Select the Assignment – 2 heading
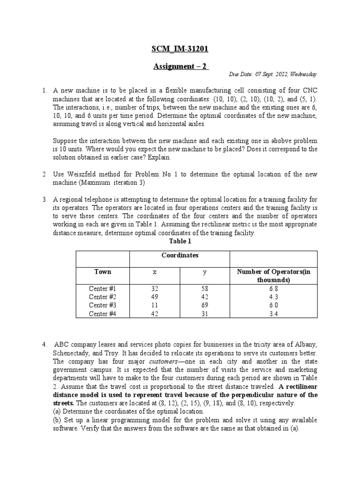pos(180,66)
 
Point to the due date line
pos(273,74)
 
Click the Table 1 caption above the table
pos(180,241)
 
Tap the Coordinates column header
pos(180,255)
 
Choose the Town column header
pos(103,271)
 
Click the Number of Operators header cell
pos(273,276)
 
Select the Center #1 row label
pos(102,288)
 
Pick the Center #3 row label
pos(102,305)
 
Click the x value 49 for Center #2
pos(155,297)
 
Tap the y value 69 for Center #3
pos(204,305)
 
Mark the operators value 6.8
pos(274,288)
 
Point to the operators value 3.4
pos(274,314)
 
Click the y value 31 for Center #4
pos(204,314)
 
